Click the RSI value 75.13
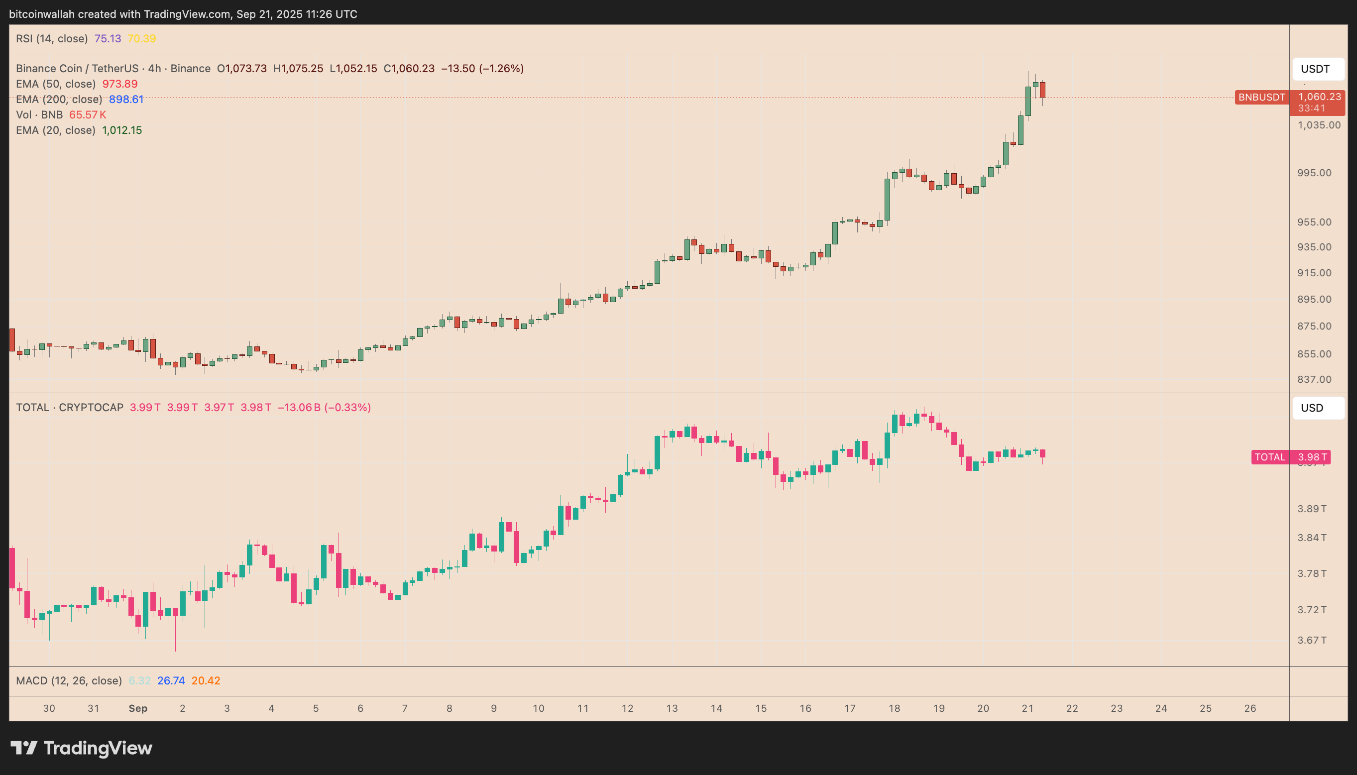[x=108, y=39]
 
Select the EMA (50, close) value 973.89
[x=120, y=84]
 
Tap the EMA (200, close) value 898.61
[x=126, y=100]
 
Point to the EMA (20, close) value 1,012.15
[x=122, y=130]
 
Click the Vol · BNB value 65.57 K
[x=88, y=115]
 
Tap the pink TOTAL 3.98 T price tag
[x=1290, y=457]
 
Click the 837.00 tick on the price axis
[x=1314, y=379]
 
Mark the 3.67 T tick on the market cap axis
[x=1312, y=640]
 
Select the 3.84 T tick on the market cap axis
[x=1312, y=538]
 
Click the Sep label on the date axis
[x=138, y=708]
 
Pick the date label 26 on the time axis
[x=1250, y=708]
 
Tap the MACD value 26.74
[x=171, y=681]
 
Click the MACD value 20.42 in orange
[x=206, y=681]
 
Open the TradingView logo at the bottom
[x=82, y=749]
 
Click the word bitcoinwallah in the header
[x=41, y=14]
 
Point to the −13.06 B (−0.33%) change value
[x=324, y=408]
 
